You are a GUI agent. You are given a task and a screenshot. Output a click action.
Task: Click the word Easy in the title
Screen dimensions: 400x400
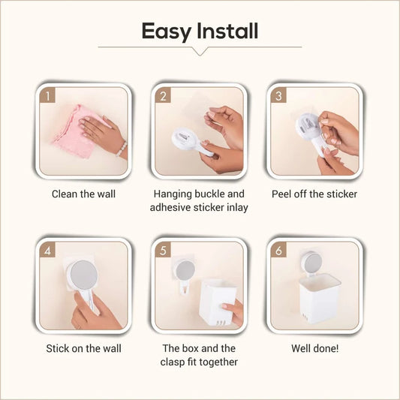pos(167,32)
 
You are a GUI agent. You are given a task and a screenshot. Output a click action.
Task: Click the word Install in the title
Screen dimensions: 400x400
pos(227,31)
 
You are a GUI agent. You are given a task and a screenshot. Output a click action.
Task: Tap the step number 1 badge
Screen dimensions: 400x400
pos(47,95)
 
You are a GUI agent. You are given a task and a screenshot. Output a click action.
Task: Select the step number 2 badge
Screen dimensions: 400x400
pos(163,95)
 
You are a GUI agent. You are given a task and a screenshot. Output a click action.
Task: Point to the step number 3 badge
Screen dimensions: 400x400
pos(278,95)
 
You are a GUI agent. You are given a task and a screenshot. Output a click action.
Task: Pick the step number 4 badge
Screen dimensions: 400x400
pos(47,250)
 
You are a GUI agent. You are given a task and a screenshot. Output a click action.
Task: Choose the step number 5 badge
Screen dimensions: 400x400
pos(163,250)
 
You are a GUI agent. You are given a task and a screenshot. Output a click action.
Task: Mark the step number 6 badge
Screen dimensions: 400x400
pos(278,250)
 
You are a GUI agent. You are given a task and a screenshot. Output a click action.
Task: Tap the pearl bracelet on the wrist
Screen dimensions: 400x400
pos(122,149)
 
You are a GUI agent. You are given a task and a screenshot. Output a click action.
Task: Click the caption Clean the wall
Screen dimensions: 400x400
pos(83,194)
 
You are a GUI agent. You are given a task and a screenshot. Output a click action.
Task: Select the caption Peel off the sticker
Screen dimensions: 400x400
pos(314,194)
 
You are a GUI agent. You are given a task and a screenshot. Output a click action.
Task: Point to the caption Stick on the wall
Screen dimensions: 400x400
pos(83,348)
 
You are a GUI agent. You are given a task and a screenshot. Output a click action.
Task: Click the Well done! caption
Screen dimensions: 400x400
pos(314,348)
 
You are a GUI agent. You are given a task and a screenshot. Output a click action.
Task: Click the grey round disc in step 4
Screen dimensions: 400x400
pos(83,275)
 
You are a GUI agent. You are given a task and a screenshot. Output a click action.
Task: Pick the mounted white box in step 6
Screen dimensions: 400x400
pos(320,298)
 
